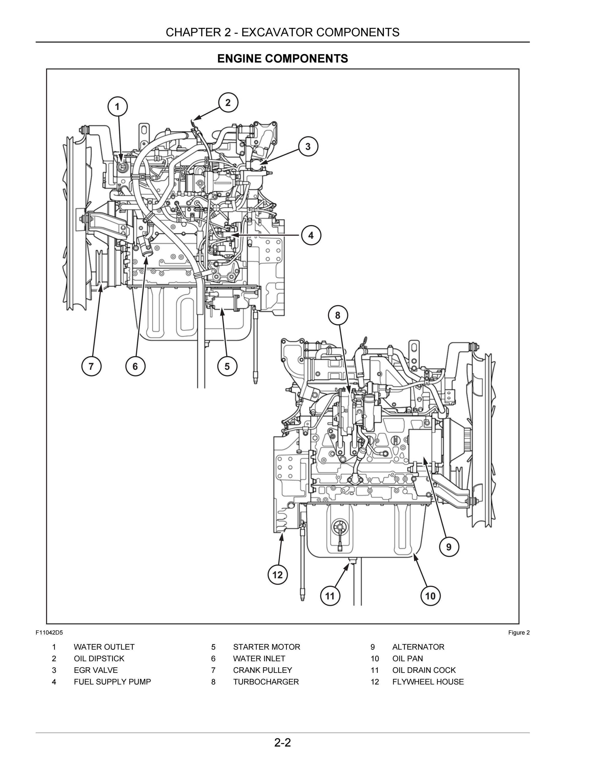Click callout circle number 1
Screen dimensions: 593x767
tap(117, 106)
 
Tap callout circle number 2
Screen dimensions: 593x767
tap(228, 103)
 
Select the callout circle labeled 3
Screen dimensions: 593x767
tap(308, 146)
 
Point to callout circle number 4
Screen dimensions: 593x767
tap(311, 235)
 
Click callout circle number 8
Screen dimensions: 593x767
tap(338, 315)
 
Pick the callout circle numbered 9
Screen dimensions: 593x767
tap(449, 547)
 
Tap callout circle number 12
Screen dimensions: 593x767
tap(278, 575)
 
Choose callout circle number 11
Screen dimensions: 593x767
tap(330, 596)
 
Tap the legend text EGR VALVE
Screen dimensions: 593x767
tap(96, 670)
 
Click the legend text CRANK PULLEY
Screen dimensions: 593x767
tap(262, 670)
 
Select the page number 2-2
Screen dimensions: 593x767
tap(283, 743)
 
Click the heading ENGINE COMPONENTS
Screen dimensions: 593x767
tap(283, 58)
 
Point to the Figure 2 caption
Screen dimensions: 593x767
tap(519, 633)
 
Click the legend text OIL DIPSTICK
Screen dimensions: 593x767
tap(99, 659)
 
